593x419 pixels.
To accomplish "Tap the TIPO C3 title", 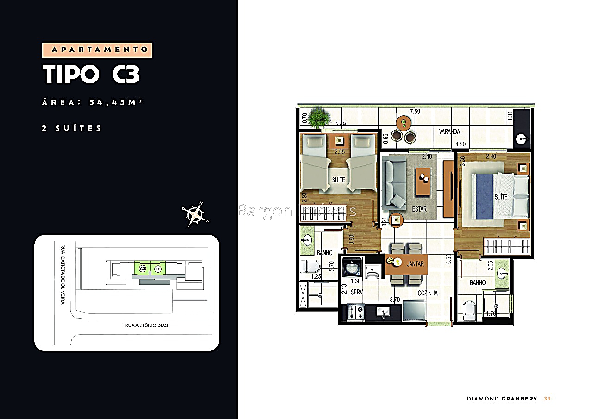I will (x=91, y=75).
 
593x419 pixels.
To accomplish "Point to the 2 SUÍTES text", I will (x=72, y=128).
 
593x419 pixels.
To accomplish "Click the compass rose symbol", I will (x=194, y=214).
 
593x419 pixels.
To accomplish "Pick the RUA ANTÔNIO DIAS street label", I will (x=146, y=325).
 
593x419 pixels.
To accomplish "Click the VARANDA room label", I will (x=449, y=132).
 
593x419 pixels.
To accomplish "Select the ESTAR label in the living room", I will (x=419, y=209).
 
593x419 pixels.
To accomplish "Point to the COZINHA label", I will (x=428, y=293).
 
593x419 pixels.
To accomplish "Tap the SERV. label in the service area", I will (x=356, y=293).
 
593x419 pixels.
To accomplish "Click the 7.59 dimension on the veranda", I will (x=416, y=112).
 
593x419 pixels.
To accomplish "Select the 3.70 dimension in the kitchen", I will (x=394, y=300).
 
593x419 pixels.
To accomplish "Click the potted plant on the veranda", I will (x=317, y=118).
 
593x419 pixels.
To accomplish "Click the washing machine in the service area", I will (x=352, y=268).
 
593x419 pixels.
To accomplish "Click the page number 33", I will (x=547, y=399).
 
